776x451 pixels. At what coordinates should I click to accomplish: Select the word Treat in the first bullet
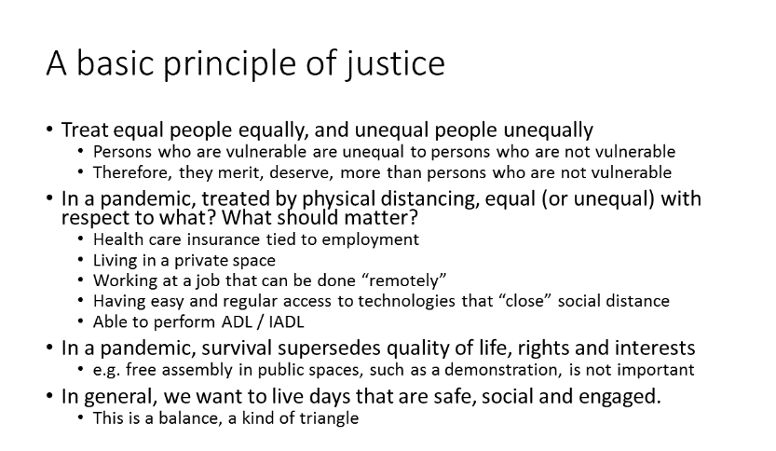pyautogui.click(x=83, y=130)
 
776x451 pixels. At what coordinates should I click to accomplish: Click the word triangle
pyautogui.click(x=325, y=418)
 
